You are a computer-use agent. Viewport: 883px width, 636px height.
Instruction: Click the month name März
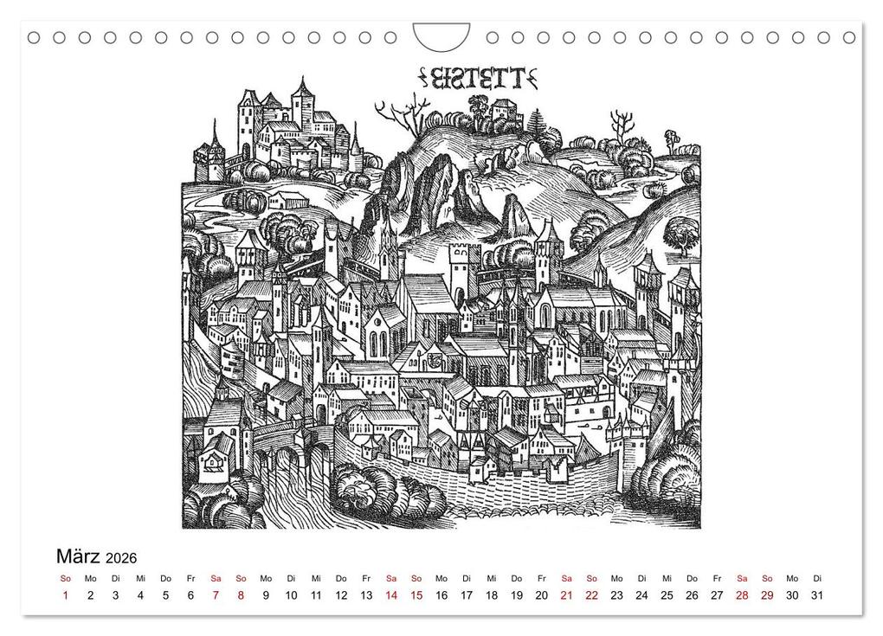(x=78, y=556)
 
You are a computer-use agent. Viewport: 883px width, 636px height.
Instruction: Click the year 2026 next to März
(x=122, y=558)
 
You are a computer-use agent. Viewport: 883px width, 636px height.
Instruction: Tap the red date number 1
(x=66, y=595)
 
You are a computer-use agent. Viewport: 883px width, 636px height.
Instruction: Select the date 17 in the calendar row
(x=467, y=595)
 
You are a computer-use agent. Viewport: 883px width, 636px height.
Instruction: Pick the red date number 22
(x=591, y=595)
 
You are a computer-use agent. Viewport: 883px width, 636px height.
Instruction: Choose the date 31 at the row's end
(x=817, y=595)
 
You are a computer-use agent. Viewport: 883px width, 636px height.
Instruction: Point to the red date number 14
(x=391, y=595)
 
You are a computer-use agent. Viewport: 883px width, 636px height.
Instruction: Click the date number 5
(x=165, y=595)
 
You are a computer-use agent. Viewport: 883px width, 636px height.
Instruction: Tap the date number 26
(x=692, y=595)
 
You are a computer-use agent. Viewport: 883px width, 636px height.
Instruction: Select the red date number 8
(x=241, y=595)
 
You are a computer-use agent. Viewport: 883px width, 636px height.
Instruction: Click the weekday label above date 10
(x=291, y=578)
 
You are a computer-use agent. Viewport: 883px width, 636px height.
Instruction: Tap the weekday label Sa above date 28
(x=742, y=578)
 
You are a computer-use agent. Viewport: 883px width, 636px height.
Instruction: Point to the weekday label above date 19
(x=517, y=578)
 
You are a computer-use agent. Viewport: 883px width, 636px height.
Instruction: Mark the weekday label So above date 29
(x=767, y=578)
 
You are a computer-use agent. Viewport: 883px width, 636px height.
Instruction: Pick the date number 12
(x=341, y=595)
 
